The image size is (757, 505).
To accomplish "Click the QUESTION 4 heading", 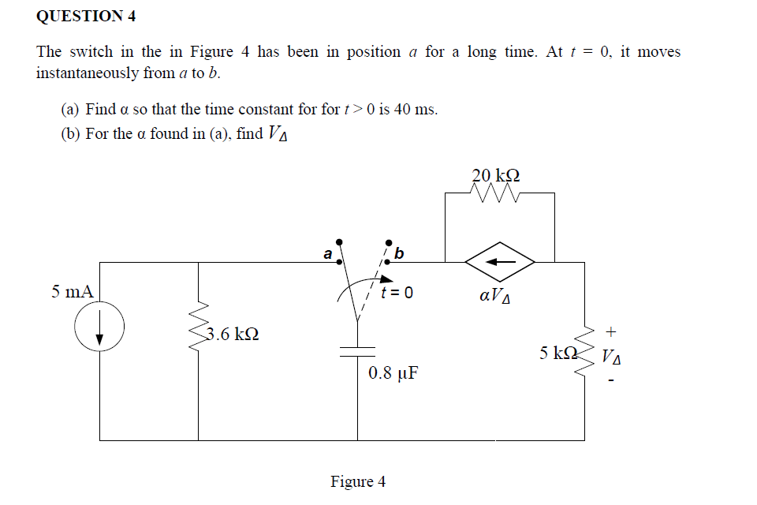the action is click(86, 16).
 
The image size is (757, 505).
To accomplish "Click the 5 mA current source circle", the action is click(99, 302).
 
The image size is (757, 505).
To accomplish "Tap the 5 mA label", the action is click(73, 291).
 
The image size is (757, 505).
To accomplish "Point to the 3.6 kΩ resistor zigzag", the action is click(199, 326).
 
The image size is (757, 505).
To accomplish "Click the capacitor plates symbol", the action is click(357, 352).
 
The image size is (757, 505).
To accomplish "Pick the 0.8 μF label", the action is click(393, 373).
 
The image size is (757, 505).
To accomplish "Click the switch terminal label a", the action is click(328, 254).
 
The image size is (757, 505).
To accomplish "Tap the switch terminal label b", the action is click(399, 252).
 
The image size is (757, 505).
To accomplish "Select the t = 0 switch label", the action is click(397, 293).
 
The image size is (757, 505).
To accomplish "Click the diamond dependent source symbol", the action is click(500, 261).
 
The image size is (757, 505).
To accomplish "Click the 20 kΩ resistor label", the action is click(496, 174).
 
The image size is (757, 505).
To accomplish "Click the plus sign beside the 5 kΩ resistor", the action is click(610, 332).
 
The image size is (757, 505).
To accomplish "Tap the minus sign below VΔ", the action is click(611, 381).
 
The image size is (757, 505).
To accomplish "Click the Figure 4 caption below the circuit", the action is click(358, 482).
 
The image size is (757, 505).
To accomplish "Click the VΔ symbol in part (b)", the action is click(278, 133).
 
